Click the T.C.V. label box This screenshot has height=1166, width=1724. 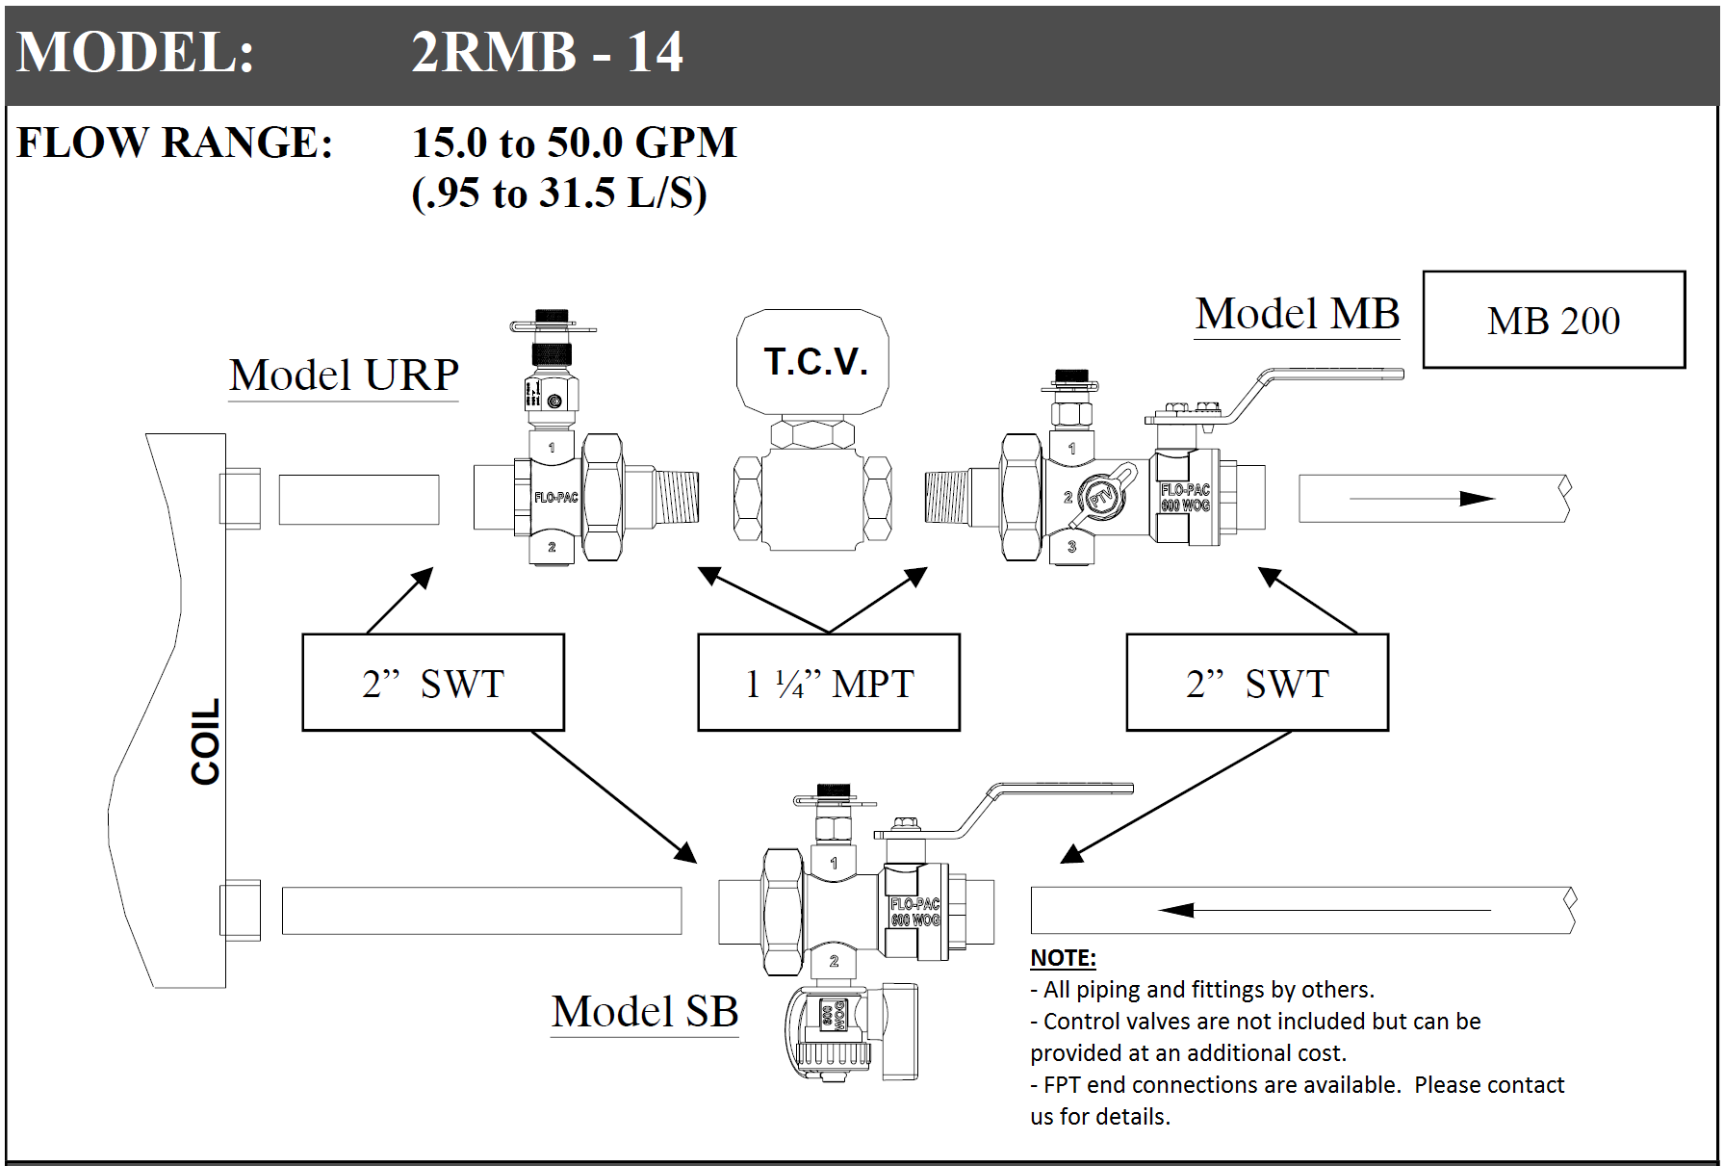coord(812,362)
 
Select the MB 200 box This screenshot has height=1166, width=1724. coord(1554,320)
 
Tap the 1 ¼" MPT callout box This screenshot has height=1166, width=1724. coord(829,683)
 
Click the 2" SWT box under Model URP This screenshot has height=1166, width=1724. coord(433,683)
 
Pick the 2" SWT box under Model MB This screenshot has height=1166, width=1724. coord(1257,683)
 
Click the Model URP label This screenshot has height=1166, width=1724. coord(344,375)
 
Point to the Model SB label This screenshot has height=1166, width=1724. coord(645,1011)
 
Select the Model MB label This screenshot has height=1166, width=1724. coord(1298,314)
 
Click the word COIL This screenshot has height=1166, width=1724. coord(205,741)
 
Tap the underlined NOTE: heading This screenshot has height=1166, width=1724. coord(1063,958)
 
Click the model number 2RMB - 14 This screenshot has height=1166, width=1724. coord(547,52)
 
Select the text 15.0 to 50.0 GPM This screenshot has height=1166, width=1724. coord(574,143)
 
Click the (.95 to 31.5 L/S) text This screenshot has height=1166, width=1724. coord(559,193)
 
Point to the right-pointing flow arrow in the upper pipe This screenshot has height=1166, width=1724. coord(1422,498)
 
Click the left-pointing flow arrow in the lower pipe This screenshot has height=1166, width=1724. coord(1325,910)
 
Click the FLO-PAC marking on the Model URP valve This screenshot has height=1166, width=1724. coord(556,498)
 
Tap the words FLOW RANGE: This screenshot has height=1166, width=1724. coord(175,143)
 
